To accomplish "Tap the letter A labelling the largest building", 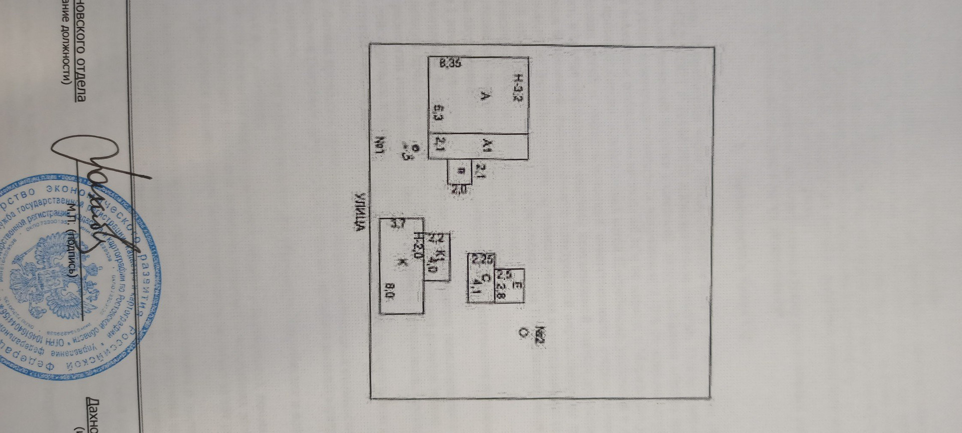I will coord(484,97).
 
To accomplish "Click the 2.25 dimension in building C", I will coord(480,260).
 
